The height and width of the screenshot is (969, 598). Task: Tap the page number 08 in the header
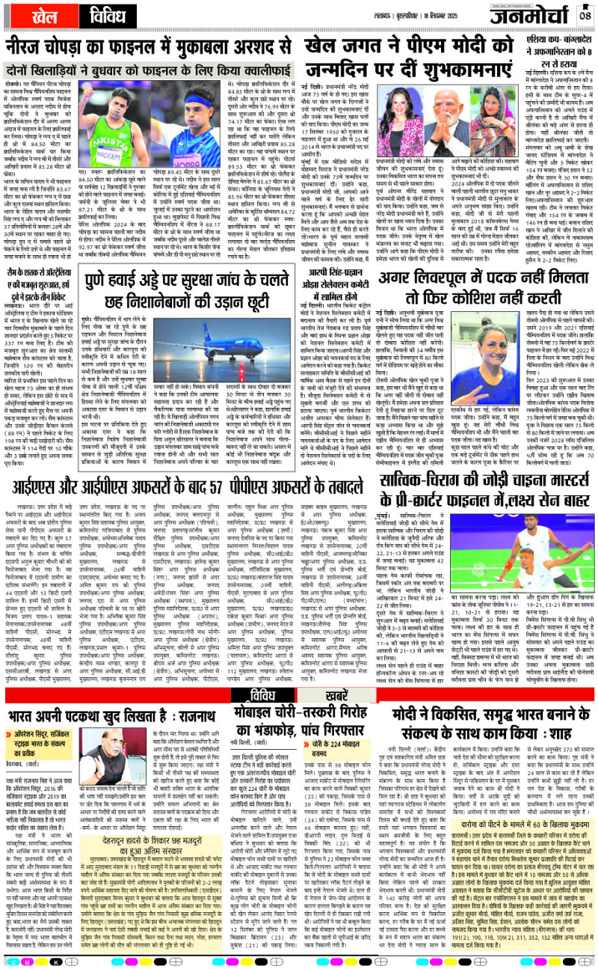585,15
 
